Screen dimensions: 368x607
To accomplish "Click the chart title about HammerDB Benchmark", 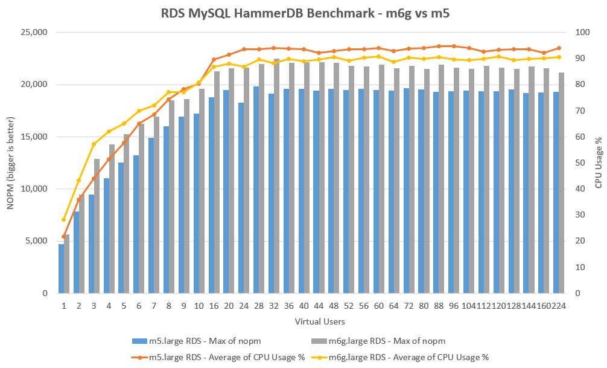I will [x=303, y=13].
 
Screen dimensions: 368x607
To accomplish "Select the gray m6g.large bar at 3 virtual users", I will [x=97, y=227].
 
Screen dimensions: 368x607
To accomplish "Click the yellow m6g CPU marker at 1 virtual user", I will [x=63, y=219].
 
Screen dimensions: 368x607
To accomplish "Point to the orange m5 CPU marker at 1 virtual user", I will [x=63, y=236].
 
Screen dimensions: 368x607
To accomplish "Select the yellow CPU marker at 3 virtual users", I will [x=94, y=144].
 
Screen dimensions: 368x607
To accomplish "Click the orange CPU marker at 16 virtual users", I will [x=214, y=60].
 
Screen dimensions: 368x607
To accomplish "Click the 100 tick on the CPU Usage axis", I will [x=578, y=33].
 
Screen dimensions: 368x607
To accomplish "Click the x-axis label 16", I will [x=214, y=306].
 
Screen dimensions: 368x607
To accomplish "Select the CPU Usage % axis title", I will [x=598, y=163].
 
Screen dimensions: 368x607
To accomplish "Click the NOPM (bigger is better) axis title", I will [x=10, y=163].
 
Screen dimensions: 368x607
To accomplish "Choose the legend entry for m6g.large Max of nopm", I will [x=396, y=342].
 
